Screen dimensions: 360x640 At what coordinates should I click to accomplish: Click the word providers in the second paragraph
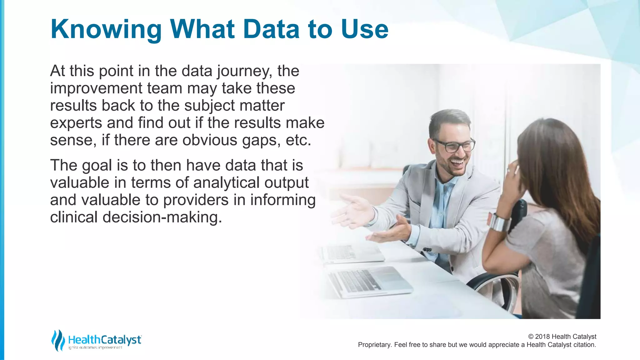[x=196, y=200]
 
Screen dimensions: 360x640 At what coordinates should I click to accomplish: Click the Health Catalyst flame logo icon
[x=58, y=340]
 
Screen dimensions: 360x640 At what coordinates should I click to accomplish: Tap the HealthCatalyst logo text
[x=105, y=340]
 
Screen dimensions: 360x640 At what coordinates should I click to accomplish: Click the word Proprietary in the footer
[x=374, y=345]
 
